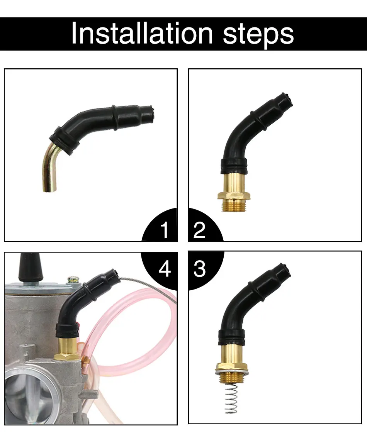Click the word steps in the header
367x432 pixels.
[258, 34]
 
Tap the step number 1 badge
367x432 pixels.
[165, 230]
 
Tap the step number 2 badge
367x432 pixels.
[199, 230]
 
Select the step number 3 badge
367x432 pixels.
[199, 269]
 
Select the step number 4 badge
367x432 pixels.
[165, 269]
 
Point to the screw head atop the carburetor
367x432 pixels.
[72, 279]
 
